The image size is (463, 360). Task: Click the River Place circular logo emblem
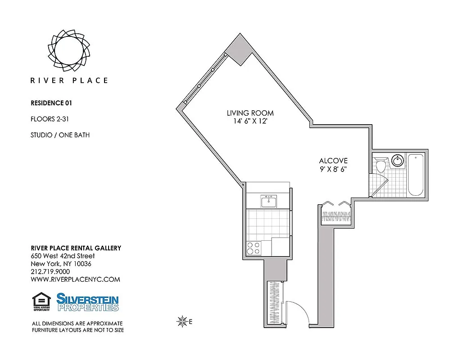(x=69, y=50)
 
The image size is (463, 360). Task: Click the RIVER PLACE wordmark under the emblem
(x=69, y=81)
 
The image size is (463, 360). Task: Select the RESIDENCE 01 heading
(x=51, y=103)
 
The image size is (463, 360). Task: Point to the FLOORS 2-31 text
(x=49, y=119)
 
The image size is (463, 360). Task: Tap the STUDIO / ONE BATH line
(x=60, y=135)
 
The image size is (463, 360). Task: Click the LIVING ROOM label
(x=250, y=113)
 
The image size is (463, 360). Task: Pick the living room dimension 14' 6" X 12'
(x=250, y=121)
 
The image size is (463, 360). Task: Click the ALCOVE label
(x=333, y=161)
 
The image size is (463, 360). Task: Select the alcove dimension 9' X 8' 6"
(x=333, y=169)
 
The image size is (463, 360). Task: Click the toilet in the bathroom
(x=381, y=165)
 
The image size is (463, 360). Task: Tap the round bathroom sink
(x=397, y=161)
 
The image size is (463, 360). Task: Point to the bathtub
(x=415, y=175)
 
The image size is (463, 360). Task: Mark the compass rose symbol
(x=182, y=321)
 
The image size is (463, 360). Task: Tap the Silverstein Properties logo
(x=87, y=302)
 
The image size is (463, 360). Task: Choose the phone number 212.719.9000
(x=50, y=272)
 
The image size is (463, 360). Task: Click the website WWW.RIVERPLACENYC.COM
(x=75, y=279)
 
